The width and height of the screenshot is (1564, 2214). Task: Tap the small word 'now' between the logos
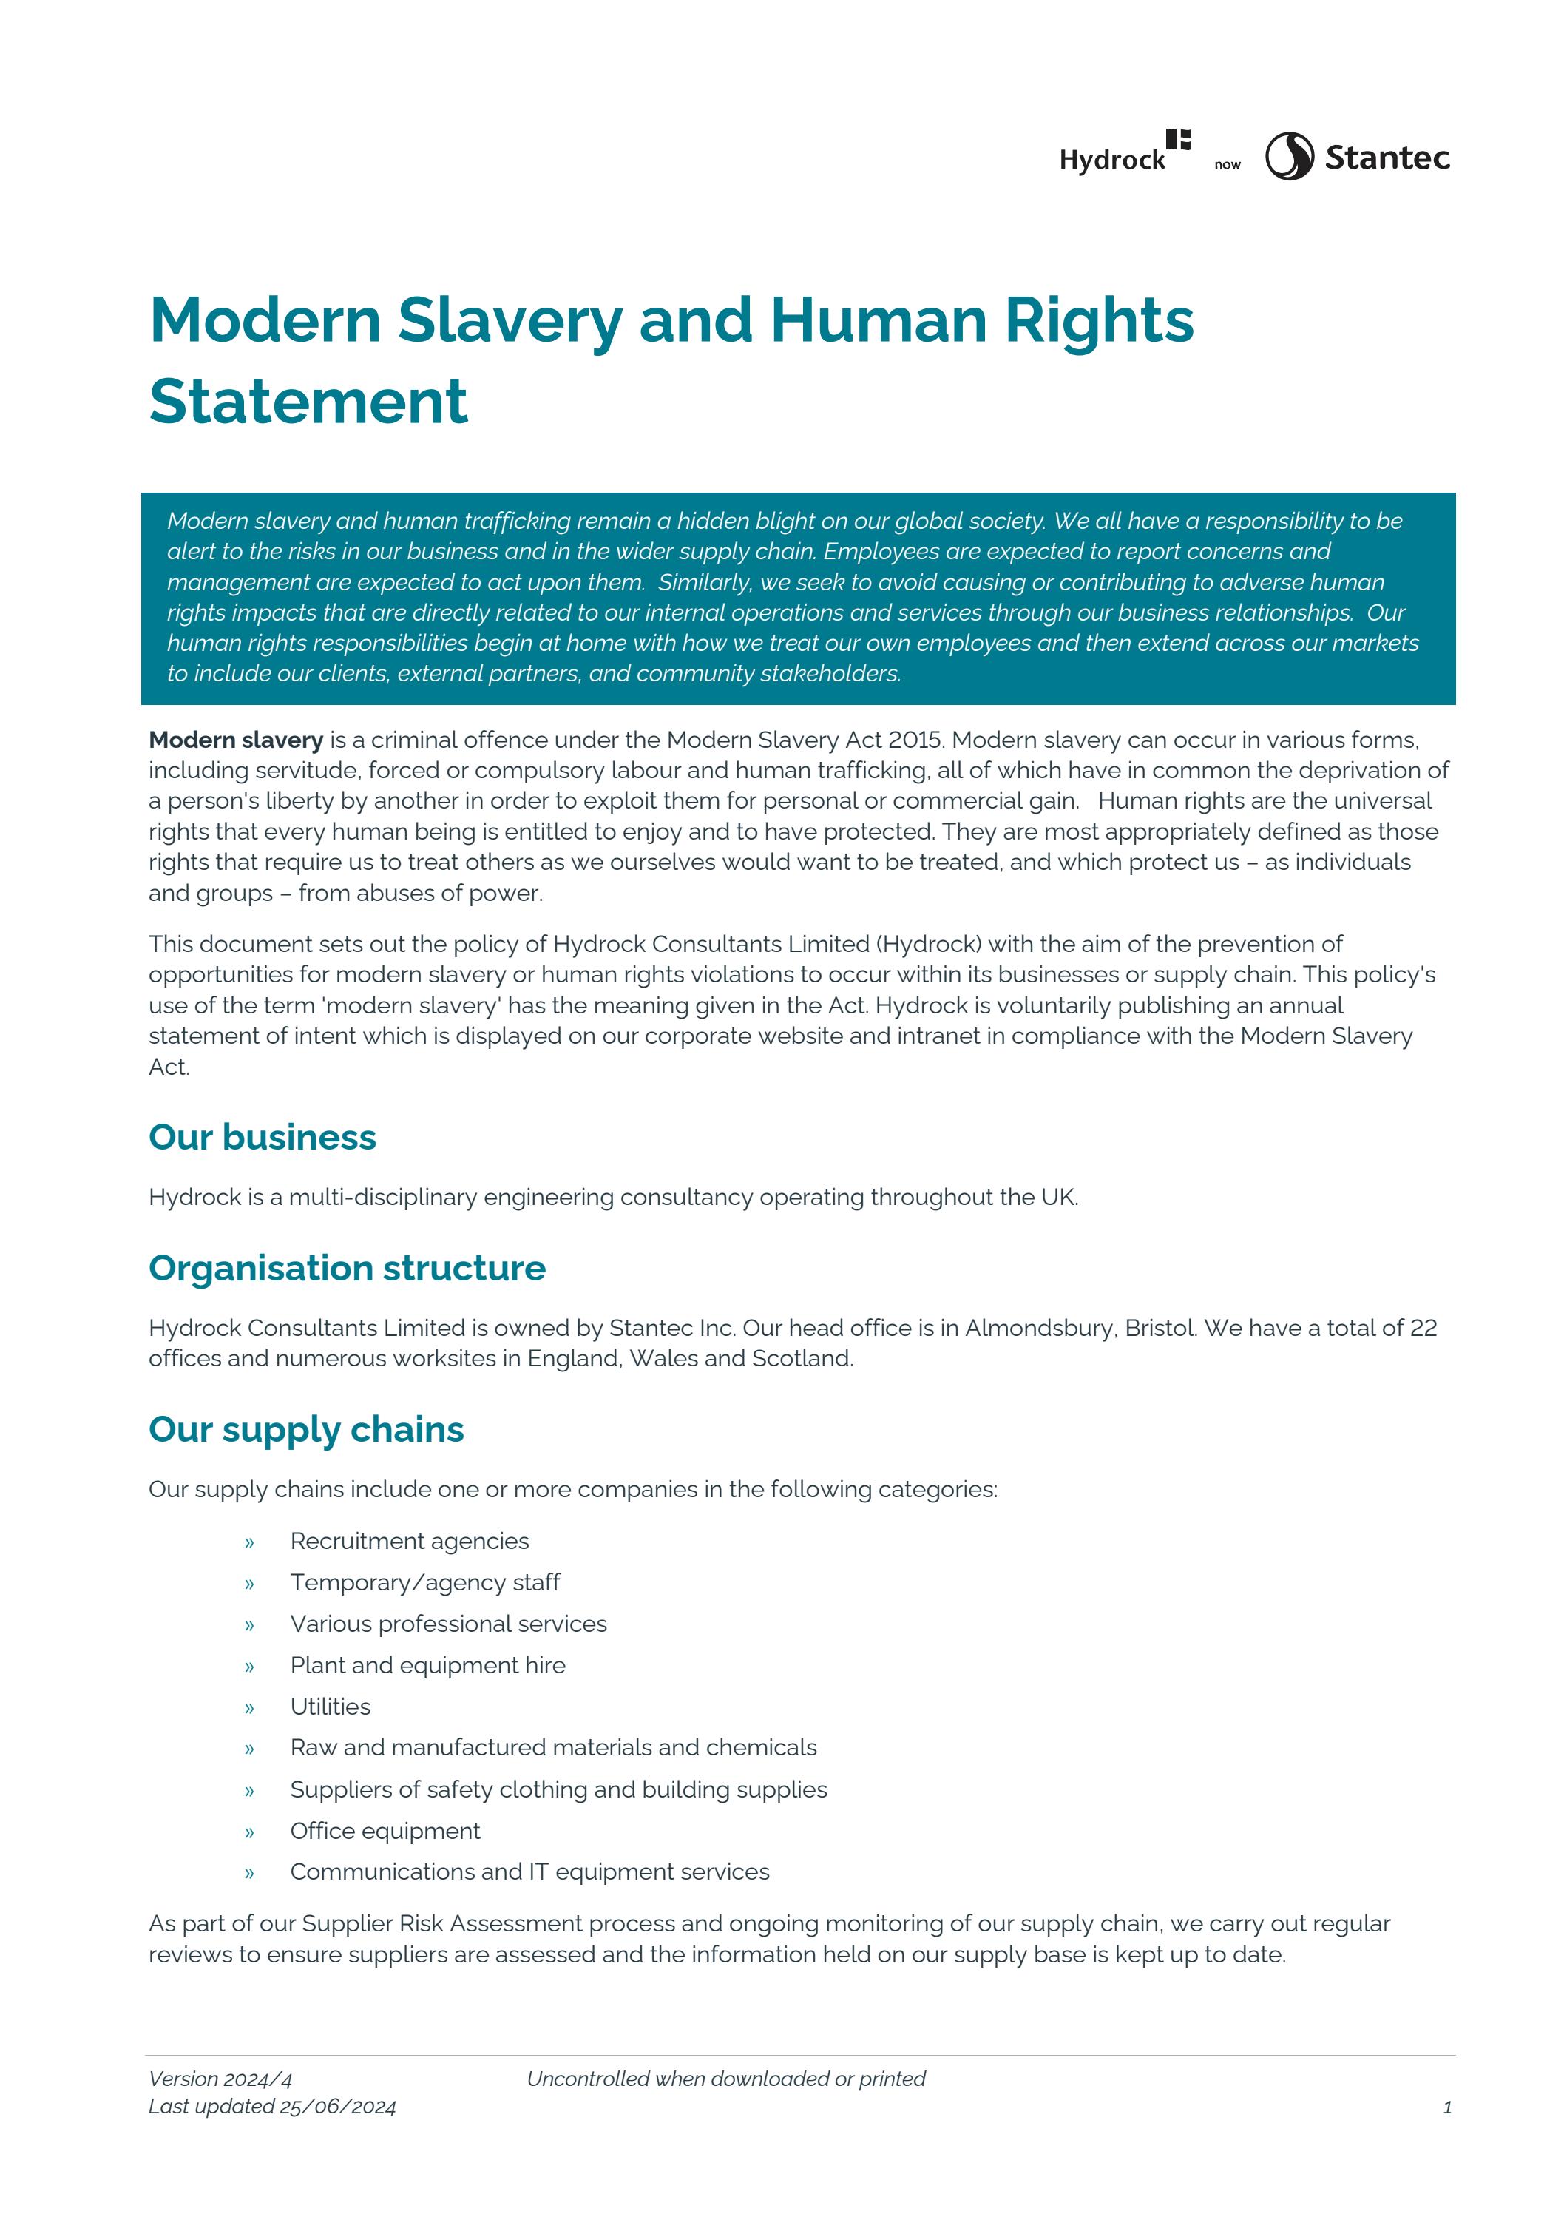[x=1227, y=165]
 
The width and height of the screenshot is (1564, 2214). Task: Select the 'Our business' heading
[x=263, y=1137]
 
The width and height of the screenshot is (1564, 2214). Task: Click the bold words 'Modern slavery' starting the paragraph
[x=236, y=740]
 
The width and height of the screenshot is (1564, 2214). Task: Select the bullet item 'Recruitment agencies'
[x=409, y=1541]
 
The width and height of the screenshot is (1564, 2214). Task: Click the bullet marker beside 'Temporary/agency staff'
[x=248, y=1584]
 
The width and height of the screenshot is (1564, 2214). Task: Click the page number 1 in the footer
[x=1446, y=2108]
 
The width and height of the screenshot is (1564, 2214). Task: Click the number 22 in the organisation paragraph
[x=1423, y=1328]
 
